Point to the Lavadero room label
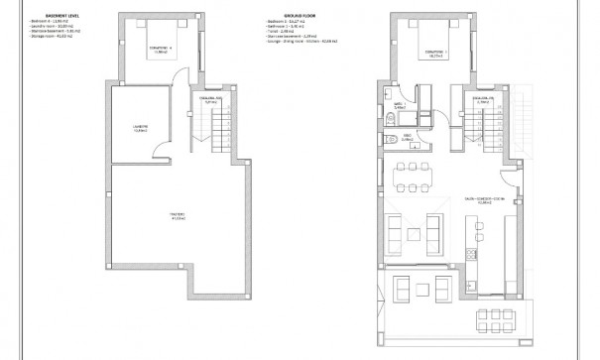(x=139, y=128)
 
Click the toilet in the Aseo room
(x=394, y=139)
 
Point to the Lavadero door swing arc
(x=178, y=140)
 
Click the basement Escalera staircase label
(x=211, y=100)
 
